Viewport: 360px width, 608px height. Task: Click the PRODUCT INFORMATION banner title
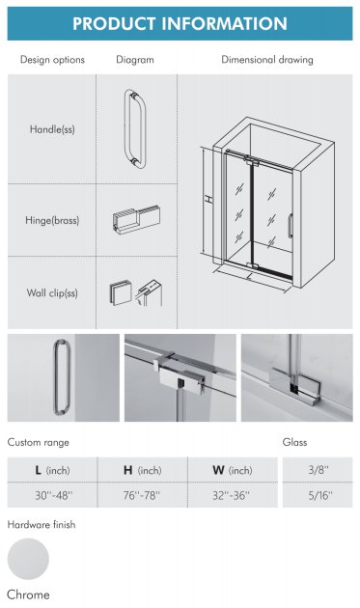point(180,24)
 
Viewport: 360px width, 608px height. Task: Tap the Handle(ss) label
point(52,129)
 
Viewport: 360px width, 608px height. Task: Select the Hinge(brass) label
point(52,220)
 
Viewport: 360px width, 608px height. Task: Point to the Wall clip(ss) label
point(52,292)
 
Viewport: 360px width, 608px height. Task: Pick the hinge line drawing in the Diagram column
point(136,220)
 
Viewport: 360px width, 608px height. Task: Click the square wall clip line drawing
point(121,292)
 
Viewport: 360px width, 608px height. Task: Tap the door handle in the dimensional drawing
point(290,226)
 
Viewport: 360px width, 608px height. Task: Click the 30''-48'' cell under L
point(54,495)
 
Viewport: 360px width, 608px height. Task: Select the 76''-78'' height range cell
point(142,495)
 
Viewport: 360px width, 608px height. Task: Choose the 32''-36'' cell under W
point(232,495)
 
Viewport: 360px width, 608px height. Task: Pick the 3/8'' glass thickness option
point(318,470)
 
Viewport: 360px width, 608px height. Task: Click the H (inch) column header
point(143,470)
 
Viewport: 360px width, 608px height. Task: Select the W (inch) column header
point(233,470)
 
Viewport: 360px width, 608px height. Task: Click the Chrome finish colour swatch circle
point(28,559)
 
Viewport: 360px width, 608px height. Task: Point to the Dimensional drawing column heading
point(267,60)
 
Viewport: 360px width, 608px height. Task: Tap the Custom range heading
point(39,442)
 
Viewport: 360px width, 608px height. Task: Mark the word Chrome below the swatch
point(28,594)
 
